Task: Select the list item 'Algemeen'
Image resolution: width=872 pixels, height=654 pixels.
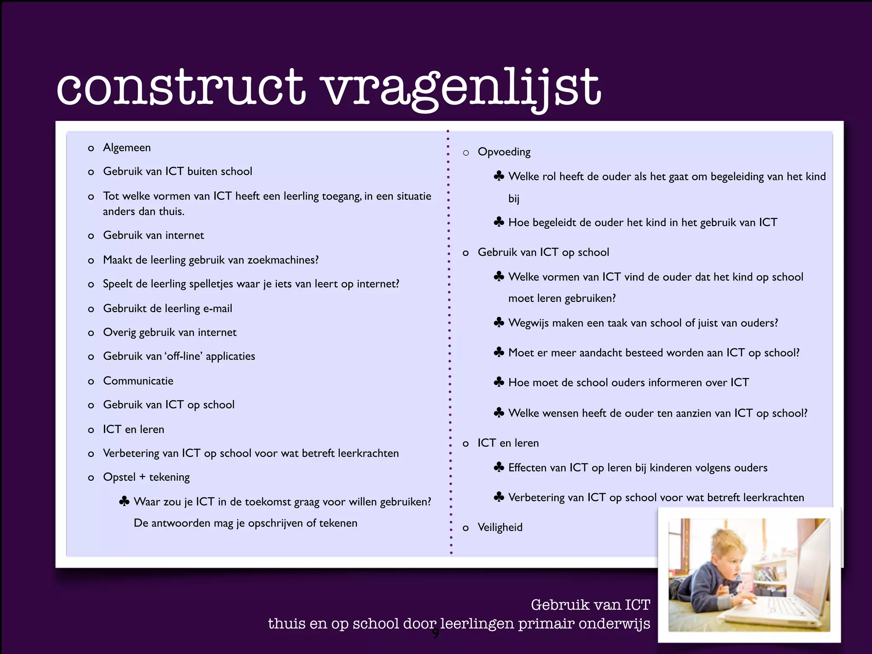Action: click(127, 148)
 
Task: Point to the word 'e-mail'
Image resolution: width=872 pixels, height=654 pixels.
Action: click(218, 309)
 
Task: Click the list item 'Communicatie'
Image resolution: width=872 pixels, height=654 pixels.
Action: click(138, 381)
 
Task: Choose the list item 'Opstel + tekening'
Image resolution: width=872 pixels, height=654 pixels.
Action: click(146, 477)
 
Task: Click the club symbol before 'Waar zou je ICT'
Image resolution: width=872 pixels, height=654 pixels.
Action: click(124, 502)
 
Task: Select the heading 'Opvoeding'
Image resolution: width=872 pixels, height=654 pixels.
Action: click(504, 152)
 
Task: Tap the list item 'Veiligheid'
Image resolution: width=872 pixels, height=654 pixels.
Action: click(500, 528)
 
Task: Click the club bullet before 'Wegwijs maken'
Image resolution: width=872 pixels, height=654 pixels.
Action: click(499, 323)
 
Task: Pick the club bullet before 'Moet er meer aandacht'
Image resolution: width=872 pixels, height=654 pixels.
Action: click(499, 353)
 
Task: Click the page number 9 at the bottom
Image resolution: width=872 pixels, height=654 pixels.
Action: click(436, 634)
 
